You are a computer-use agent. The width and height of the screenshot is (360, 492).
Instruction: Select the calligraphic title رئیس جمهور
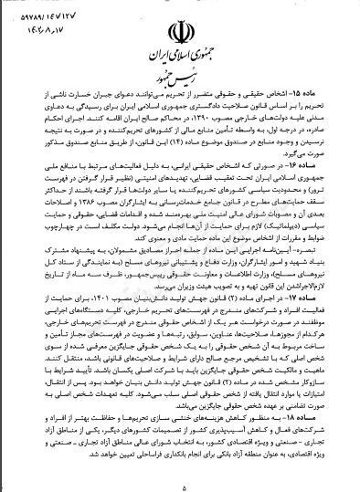[x=180, y=84]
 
